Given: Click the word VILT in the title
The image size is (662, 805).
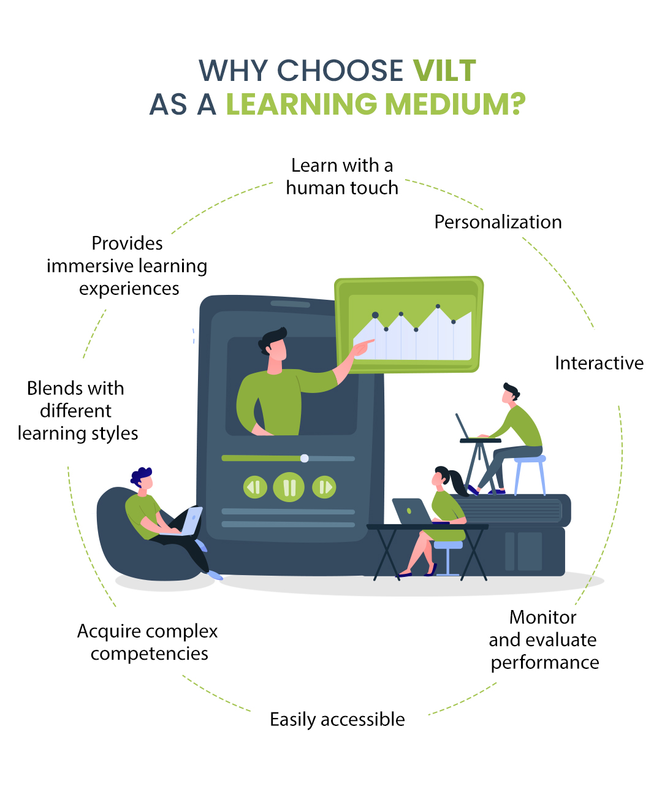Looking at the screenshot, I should pos(444,71).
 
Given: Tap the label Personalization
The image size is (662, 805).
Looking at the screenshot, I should pos(498,222).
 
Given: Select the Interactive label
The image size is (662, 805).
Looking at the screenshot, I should pos(599,363).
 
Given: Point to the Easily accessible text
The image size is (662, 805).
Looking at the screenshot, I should pos(337,719).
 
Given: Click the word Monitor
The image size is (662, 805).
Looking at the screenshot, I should pos(543,617).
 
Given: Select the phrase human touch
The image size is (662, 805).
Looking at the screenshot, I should pos(342,188).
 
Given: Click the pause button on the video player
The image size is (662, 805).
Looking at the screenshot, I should pos(289,487).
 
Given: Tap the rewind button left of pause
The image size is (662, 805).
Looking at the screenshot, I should pos(255,487).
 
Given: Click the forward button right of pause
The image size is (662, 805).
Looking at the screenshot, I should pos(324,487).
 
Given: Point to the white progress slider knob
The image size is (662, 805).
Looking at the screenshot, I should pos(305,458).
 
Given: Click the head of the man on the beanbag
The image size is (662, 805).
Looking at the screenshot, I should pos(143,478).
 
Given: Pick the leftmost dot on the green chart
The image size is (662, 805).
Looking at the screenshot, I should pos(375,315).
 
